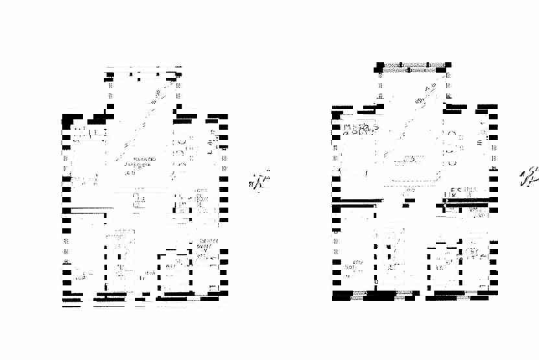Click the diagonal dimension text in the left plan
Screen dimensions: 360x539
tap(156, 98)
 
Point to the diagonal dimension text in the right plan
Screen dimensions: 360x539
tap(425, 95)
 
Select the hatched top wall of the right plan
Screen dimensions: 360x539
tap(413, 66)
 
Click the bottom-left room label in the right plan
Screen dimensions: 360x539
tap(352, 267)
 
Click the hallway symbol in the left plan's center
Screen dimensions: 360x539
tap(138, 200)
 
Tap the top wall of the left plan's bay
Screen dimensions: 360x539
tap(143, 67)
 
